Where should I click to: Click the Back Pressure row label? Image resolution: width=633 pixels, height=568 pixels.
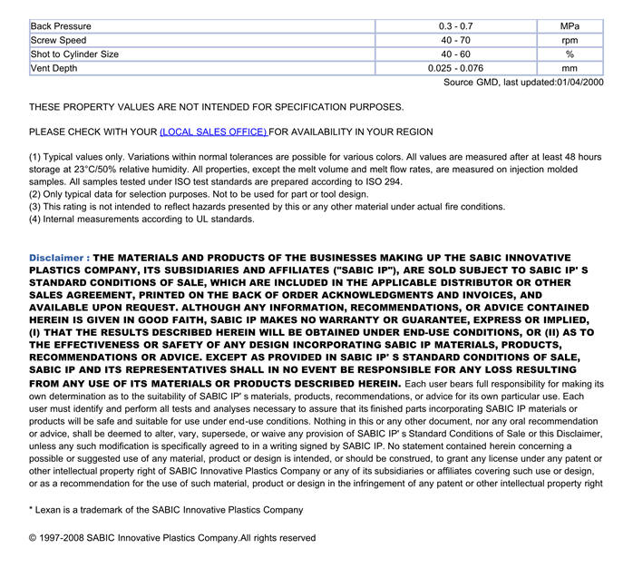pos(61,26)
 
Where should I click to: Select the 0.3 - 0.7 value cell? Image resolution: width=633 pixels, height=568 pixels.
pos(455,26)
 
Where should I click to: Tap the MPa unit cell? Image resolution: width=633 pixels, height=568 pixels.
pos(570,26)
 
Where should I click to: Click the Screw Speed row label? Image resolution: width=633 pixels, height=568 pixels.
pos(59,40)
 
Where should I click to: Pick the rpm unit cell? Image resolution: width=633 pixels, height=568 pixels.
pos(570,40)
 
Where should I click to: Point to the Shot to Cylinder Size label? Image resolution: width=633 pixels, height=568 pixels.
pos(74,54)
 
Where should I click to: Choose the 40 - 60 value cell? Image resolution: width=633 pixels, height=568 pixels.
pos(455,54)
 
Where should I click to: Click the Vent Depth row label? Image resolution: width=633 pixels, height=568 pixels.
pos(54,68)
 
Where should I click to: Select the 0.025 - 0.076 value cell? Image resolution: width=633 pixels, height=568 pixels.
pos(455,68)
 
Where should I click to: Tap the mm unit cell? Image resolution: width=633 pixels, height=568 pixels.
pos(570,68)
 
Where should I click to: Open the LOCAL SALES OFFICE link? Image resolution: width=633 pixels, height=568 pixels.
pos(213,132)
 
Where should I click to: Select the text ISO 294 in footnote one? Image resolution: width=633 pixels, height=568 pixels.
pos(384,181)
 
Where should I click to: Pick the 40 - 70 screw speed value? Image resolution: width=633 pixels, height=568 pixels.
pos(455,40)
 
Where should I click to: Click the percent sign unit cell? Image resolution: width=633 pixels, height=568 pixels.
pos(570,54)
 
